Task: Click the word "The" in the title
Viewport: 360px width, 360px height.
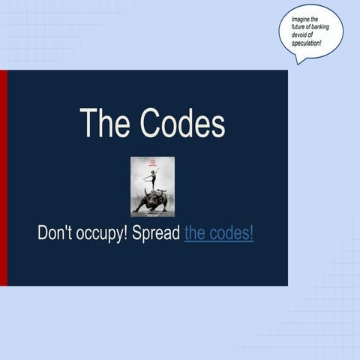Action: (x=103, y=123)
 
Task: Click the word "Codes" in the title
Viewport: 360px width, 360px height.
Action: (x=180, y=123)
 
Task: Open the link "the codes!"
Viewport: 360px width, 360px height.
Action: (x=218, y=232)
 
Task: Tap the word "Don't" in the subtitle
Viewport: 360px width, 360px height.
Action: (x=58, y=232)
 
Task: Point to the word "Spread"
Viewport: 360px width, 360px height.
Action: (x=156, y=232)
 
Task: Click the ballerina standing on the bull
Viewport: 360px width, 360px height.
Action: (x=153, y=180)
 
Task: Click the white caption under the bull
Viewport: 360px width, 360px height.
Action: (x=152, y=214)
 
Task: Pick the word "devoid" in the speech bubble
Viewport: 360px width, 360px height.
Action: (x=301, y=35)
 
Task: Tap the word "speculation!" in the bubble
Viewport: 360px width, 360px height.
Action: (x=307, y=43)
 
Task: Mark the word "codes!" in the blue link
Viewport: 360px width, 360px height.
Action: (x=232, y=232)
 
